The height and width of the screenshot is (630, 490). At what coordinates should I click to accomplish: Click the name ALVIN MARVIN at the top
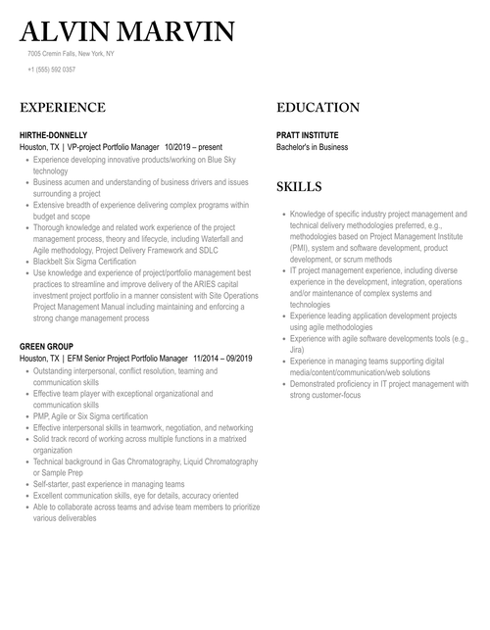[127, 31]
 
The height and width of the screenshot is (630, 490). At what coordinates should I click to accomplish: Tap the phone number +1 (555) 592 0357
[51, 70]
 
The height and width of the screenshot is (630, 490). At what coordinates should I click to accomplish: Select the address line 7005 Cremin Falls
[71, 53]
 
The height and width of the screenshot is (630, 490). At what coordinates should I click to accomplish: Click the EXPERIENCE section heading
[63, 108]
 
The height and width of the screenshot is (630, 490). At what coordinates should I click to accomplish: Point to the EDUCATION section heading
[318, 108]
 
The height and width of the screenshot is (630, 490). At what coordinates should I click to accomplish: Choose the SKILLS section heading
[299, 186]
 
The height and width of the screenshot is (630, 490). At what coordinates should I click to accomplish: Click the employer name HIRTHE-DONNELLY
[53, 135]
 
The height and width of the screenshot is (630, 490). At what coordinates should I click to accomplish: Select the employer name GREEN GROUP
[46, 347]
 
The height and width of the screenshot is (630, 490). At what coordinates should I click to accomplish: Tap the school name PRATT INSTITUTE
[308, 135]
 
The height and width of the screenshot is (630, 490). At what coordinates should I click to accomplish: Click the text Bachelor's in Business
[312, 147]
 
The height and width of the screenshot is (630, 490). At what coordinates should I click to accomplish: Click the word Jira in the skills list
[297, 349]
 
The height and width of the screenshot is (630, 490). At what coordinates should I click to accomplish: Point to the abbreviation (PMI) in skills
[299, 249]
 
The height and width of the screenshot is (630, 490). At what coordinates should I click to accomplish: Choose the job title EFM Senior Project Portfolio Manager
[124, 360]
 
